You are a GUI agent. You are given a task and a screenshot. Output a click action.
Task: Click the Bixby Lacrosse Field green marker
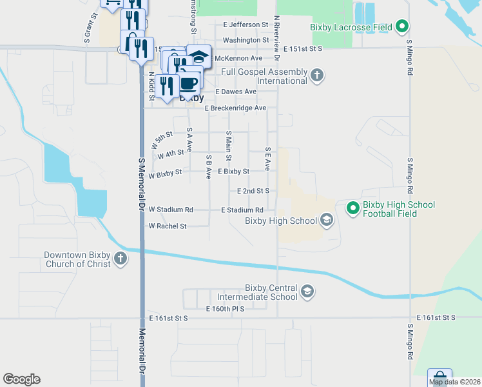tap(403, 26)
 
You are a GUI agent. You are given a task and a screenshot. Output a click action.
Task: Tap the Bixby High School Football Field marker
tap(352, 208)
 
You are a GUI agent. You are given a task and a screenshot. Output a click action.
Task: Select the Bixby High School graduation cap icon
tap(326, 221)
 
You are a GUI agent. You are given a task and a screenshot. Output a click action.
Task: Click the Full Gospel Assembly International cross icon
tap(316, 75)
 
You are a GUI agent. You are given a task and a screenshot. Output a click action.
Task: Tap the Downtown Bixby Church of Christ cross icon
tap(120, 259)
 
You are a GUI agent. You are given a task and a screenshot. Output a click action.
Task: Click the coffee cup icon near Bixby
tap(189, 83)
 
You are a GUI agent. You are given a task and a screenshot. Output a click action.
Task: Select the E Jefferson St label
tap(246, 25)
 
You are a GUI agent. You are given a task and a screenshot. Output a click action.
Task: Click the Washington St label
tap(246, 40)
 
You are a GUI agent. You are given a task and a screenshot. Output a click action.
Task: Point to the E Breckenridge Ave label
tap(235, 108)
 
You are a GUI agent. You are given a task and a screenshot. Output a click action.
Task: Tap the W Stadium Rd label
tap(171, 210)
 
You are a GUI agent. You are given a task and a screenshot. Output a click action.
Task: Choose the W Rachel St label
tap(167, 226)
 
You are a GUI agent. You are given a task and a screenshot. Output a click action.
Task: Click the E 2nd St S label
tap(253, 192)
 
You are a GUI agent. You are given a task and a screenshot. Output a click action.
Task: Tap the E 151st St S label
tap(302, 49)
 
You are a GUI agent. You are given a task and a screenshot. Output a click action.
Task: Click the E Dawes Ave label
tap(235, 92)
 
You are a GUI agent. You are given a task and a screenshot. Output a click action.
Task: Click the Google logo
tap(21, 379)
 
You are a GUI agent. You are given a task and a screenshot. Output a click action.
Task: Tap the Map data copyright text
tap(455, 382)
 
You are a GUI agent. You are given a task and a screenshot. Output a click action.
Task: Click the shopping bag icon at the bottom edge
tap(439, 377)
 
